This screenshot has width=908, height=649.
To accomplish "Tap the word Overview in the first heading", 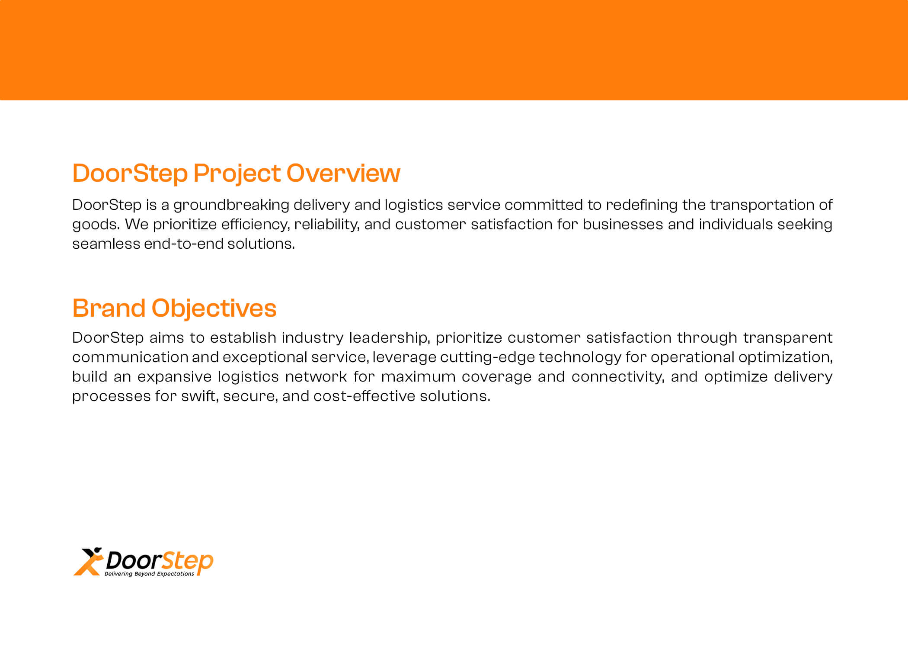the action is (x=343, y=173).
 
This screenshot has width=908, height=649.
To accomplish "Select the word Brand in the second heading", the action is (x=109, y=308).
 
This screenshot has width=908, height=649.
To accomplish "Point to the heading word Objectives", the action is (x=214, y=309).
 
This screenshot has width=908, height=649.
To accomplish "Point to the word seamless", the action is (x=106, y=244).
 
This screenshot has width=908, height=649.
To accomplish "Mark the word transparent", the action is (x=787, y=338).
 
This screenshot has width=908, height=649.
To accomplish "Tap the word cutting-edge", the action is (x=487, y=357).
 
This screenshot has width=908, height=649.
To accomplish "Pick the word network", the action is (x=316, y=377).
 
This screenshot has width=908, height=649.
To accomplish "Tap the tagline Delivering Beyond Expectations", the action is (x=149, y=574).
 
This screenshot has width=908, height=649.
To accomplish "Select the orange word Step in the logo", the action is (x=187, y=562).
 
